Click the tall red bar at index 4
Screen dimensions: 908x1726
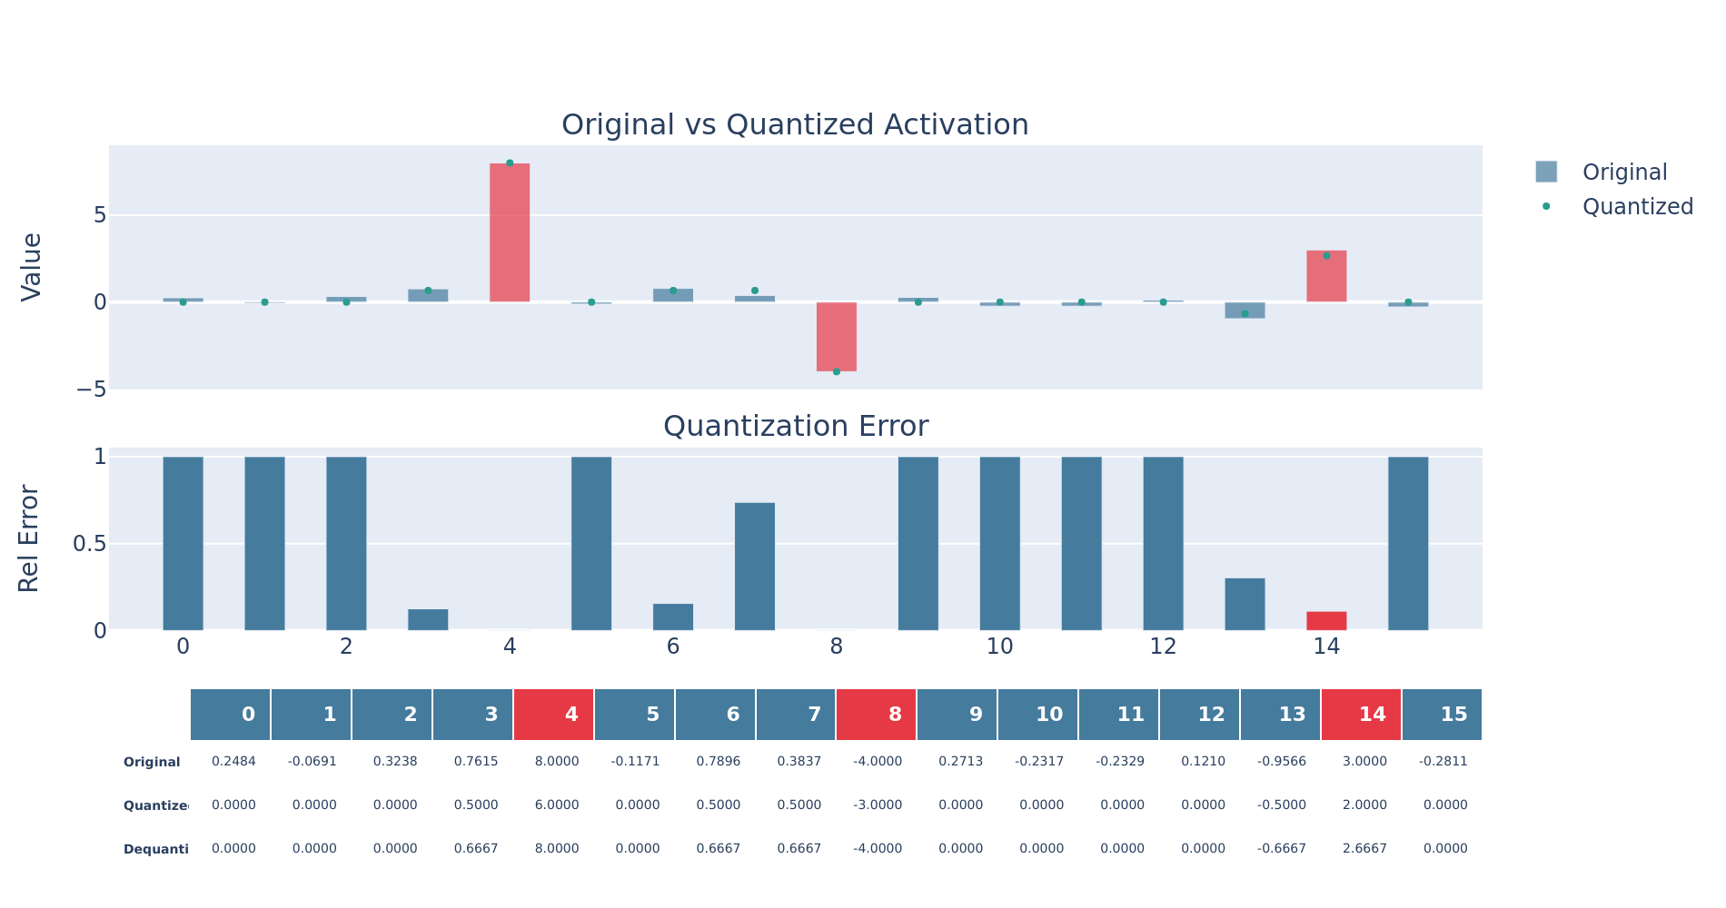[x=510, y=232]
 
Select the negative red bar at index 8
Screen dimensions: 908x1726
[x=836, y=336]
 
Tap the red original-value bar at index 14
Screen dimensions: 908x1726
[x=1326, y=276]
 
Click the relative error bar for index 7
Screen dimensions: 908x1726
[x=754, y=566]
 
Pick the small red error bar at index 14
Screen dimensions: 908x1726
[x=1326, y=621]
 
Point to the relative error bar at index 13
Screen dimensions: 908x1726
[x=1245, y=604]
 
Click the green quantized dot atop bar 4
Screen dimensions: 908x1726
[x=510, y=163]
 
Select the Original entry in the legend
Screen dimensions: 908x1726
[x=1623, y=173]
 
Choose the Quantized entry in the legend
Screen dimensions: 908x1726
[x=1636, y=207]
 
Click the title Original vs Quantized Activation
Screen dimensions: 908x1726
[x=795, y=124]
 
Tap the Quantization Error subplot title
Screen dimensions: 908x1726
[x=795, y=426]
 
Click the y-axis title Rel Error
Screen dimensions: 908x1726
[x=29, y=539]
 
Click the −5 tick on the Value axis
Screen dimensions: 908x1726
[x=91, y=390]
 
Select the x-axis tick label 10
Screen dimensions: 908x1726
[x=999, y=646]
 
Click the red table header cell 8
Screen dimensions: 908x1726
[x=876, y=715]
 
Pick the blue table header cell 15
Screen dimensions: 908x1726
[x=1442, y=715]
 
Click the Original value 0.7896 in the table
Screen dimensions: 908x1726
[x=718, y=762]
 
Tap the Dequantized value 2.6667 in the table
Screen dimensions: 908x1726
[x=1364, y=849]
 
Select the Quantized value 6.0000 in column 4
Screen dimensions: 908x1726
[x=556, y=805]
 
